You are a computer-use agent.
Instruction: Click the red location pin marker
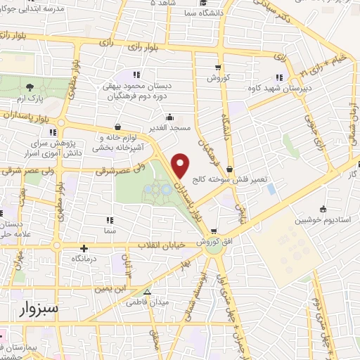180,164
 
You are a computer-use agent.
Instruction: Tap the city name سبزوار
34,308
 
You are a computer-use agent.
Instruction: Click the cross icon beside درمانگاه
84,247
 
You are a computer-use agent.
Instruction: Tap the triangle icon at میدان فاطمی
147,292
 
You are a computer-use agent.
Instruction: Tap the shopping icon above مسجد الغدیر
169,117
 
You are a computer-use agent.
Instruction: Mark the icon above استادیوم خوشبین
323,209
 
